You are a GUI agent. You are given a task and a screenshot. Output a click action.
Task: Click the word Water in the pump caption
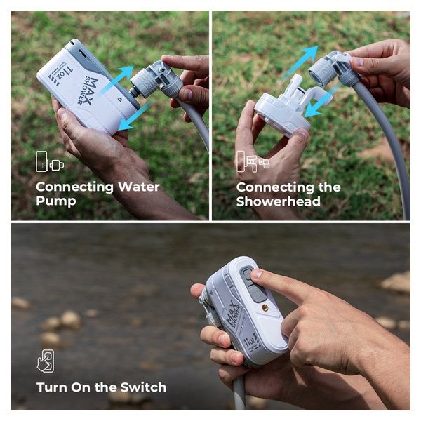tap(138, 187)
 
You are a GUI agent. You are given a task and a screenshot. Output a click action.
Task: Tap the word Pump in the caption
tap(56, 201)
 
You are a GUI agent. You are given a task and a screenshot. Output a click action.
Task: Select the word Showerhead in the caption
tap(279, 201)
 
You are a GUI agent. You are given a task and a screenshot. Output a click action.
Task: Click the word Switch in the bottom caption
tap(143, 387)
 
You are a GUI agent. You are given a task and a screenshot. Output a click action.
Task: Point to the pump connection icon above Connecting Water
tap(50, 161)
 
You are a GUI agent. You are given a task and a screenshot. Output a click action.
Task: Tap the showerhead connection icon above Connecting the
tap(253, 161)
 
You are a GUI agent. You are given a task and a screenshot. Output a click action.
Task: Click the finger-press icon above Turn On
tap(46, 361)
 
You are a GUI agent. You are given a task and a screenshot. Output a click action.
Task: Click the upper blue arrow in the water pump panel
tap(116, 80)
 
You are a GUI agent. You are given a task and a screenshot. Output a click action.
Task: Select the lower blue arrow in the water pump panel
tap(135, 116)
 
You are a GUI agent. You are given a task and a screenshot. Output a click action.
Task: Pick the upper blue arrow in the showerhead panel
tap(300, 62)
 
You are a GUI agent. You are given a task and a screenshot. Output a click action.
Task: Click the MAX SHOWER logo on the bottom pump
tap(234, 314)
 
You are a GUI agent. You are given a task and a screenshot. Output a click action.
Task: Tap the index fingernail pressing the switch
tap(256, 274)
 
